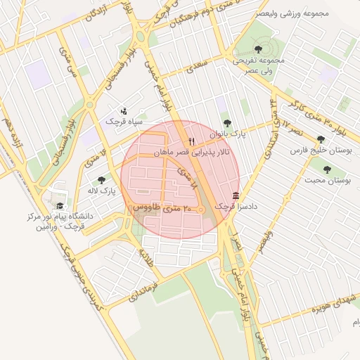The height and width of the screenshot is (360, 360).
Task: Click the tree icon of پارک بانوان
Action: click(226, 123)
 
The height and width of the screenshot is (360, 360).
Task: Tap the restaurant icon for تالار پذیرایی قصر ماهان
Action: click(191, 141)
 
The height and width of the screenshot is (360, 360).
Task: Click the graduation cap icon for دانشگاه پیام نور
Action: click(60, 206)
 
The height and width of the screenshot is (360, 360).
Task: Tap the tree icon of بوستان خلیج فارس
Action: click(321, 139)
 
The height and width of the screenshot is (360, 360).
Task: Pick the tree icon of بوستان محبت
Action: click(327, 169)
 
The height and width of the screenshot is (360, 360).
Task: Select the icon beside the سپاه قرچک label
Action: click(124, 110)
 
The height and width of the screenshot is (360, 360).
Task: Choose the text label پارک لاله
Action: click(101, 191)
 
